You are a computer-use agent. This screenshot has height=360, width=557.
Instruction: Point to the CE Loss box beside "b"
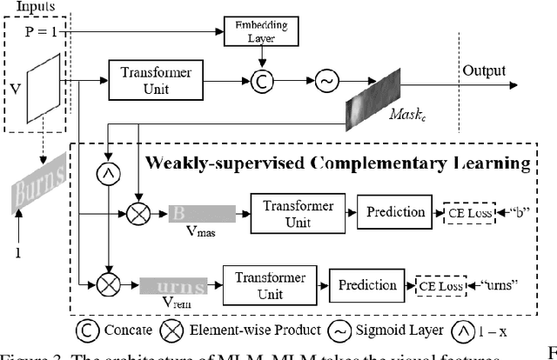point(463,213)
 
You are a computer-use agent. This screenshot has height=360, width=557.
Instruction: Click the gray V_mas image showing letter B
point(200,213)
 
